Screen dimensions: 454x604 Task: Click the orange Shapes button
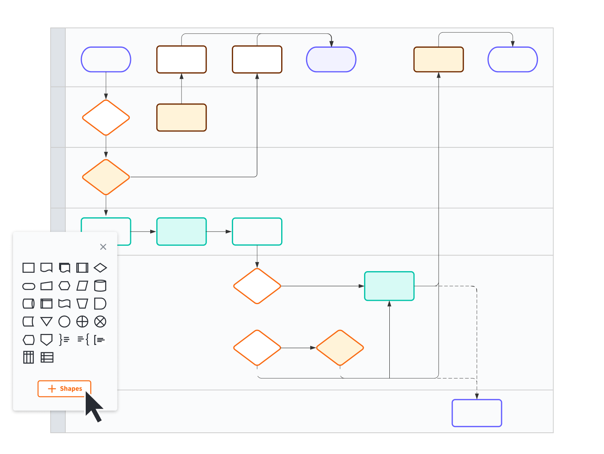[x=64, y=388]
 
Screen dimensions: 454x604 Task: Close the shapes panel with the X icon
[x=103, y=247]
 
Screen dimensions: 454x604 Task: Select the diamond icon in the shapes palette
[x=100, y=268]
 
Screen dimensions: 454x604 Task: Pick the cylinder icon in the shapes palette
[x=100, y=286]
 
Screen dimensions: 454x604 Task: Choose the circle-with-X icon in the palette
[x=100, y=322]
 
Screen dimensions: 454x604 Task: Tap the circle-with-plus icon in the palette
[x=82, y=322]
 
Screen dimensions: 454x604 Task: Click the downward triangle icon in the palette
[x=47, y=322]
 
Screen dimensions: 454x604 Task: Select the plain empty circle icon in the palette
[x=64, y=322]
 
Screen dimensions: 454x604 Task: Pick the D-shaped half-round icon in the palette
[x=100, y=304]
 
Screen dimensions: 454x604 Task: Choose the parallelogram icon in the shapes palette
[x=82, y=286]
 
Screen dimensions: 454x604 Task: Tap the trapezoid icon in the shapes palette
[x=82, y=304]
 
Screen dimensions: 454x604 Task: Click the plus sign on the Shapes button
[x=52, y=389]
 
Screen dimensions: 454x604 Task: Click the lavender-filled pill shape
[x=331, y=60]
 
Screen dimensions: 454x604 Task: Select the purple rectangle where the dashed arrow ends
[x=477, y=413]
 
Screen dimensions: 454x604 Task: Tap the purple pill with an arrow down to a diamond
[x=106, y=60]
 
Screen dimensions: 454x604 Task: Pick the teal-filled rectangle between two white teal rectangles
[x=182, y=231]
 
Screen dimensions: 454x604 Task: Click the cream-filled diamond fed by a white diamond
[x=340, y=348]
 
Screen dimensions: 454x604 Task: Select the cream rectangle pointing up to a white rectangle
[x=182, y=118]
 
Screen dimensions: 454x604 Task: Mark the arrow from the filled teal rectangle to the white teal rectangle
[x=219, y=231]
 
